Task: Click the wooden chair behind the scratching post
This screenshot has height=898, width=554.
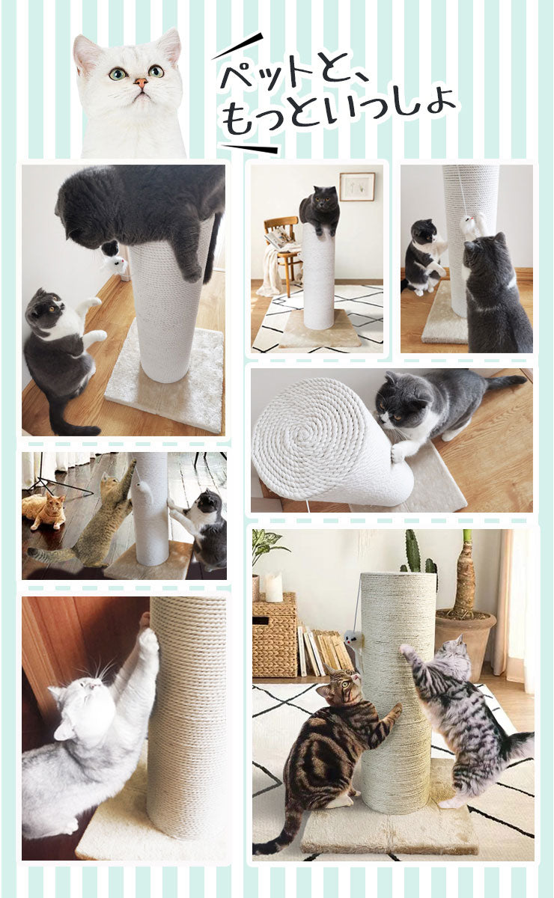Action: pos(282,247)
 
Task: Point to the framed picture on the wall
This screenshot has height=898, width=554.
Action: pos(356,186)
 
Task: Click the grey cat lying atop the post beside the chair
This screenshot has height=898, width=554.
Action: pos(320,209)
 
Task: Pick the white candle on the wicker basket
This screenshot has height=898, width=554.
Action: pos(274,588)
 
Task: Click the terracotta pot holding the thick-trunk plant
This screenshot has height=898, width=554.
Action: pos(465,636)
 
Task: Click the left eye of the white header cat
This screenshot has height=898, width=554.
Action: pos(118,73)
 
